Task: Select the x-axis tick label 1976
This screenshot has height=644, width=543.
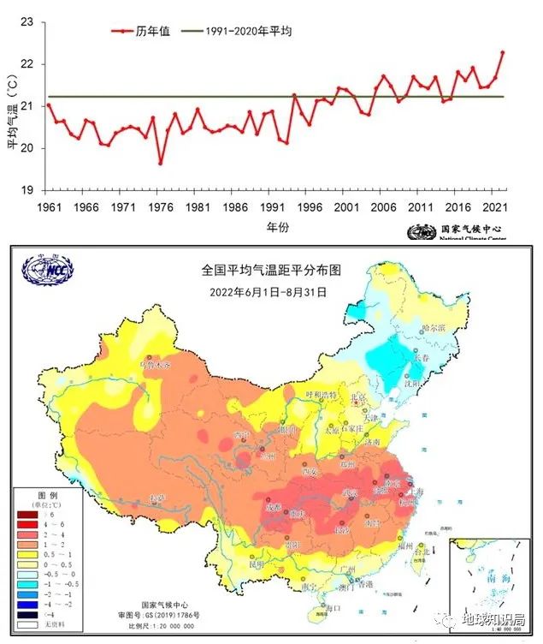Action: (160, 207)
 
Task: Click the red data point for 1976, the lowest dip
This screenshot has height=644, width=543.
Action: (160, 163)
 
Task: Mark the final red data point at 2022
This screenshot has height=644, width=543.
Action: (503, 52)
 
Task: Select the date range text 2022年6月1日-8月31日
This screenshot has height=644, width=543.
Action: (269, 290)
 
